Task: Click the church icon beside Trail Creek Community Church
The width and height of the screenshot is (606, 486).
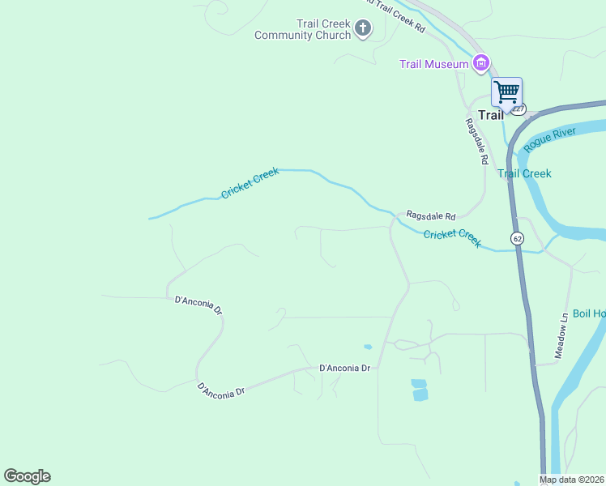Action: [363, 29]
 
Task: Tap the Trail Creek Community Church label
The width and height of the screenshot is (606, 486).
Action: [302, 29]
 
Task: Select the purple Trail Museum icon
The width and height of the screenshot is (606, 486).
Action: [481, 63]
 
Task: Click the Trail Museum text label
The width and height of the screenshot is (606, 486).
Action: [434, 64]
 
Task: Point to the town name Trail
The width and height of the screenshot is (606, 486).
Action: [491, 115]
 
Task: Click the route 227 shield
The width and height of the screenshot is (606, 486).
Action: [519, 109]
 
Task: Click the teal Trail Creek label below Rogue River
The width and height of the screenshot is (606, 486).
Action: [524, 173]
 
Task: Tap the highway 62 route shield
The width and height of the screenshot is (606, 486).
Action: [517, 238]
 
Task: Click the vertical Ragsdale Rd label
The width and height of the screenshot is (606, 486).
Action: [476, 142]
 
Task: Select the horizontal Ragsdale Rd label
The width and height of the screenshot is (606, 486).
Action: [431, 216]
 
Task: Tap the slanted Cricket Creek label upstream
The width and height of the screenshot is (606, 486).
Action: [250, 183]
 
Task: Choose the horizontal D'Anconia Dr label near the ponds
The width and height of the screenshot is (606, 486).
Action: [345, 368]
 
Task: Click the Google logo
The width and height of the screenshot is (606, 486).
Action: [27, 476]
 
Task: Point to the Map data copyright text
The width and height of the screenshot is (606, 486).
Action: [572, 480]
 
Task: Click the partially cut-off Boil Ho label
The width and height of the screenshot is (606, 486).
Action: [589, 314]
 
